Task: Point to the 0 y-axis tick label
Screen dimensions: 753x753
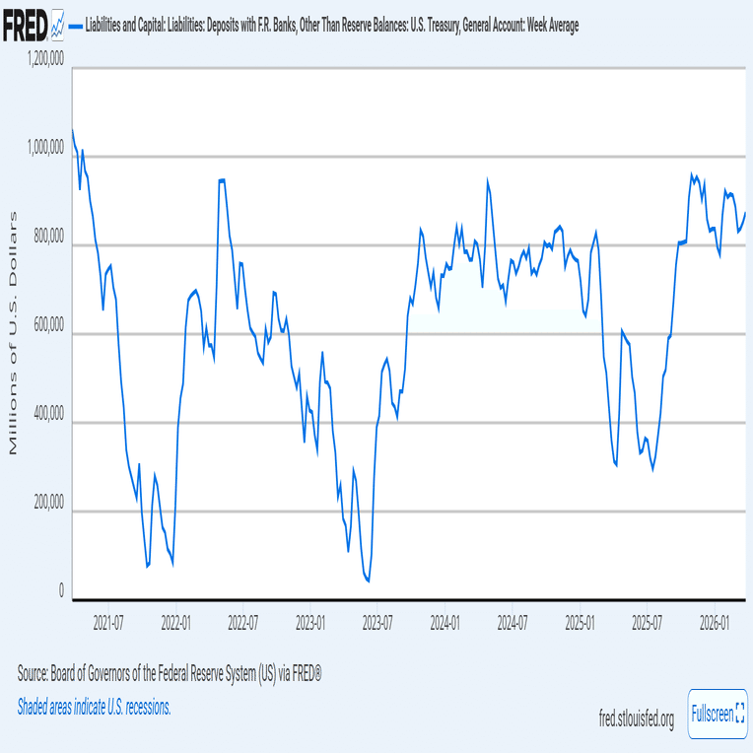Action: tap(62, 593)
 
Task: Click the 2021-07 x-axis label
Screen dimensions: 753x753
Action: tap(107, 624)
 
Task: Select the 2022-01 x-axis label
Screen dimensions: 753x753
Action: tap(175, 624)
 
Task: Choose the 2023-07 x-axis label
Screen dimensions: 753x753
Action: tap(377, 624)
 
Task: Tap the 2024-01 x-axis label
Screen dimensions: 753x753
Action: tap(445, 624)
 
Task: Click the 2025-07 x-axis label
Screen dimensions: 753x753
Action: tap(648, 624)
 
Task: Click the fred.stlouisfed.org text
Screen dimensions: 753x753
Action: tap(637, 720)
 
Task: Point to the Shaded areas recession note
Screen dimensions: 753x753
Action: tap(95, 707)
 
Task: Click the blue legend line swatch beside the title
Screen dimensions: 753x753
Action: tap(77, 25)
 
